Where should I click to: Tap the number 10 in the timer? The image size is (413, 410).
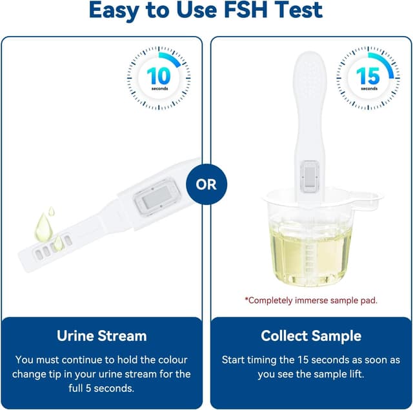pyautogui.click(x=159, y=75)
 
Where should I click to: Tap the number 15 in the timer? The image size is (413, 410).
pyautogui.click(x=368, y=75)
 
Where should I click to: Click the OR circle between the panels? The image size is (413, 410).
pyautogui.click(x=206, y=184)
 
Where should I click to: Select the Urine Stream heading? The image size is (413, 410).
pyautogui.click(x=102, y=336)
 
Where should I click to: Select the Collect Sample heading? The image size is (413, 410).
pyautogui.click(x=311, y=336)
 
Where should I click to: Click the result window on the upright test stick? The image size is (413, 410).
pyautogui.click(x=309, y=175)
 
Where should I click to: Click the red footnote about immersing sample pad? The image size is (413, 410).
pyautogui.click(x=311, y=300)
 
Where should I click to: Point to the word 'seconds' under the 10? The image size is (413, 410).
pyautogui.click(x=159, y=88)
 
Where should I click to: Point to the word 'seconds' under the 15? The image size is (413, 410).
pyautogui.click(x=368, y=88)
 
